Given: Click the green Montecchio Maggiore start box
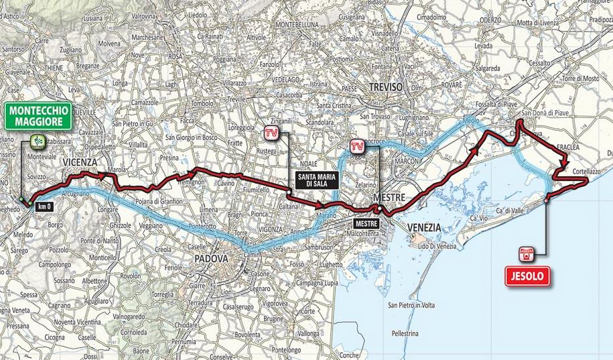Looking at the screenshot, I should [x=40, y=115].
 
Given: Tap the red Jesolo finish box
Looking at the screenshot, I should [x=528, y=274].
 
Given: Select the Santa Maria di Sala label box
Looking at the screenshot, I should [x=318, y=180].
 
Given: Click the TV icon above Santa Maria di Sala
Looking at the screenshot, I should [x=271, y=133].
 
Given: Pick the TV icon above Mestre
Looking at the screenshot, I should [x=358, y=144].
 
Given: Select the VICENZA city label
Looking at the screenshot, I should [x=81, y=162].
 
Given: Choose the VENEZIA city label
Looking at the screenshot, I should [x=423, y=227].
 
